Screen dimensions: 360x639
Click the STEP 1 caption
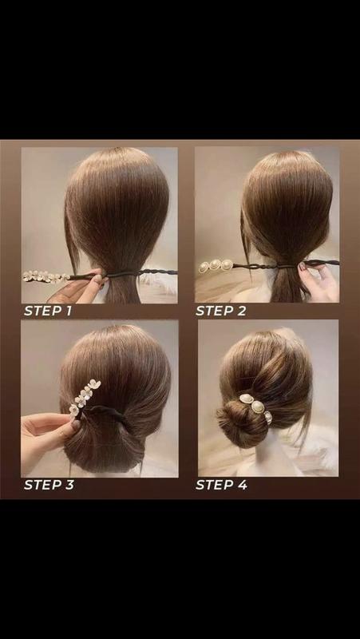pos(48,311)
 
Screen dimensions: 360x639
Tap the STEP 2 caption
pos(221,311)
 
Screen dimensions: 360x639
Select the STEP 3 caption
pos(49,485)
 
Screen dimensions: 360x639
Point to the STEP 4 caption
pos(221,485)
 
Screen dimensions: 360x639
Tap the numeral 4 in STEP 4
pos(243,485)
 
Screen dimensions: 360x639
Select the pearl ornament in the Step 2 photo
pos(216,266)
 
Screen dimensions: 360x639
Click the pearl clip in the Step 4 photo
pos(256,407)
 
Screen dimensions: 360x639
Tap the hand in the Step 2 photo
pos(318,281)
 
